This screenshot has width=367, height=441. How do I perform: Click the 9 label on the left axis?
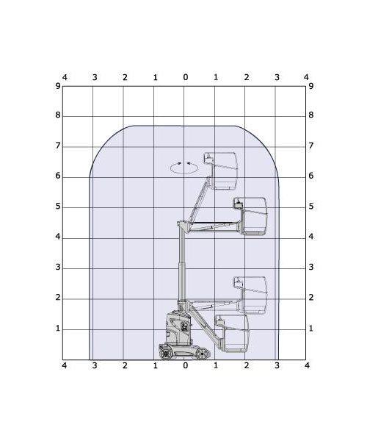click(x=58, y=86)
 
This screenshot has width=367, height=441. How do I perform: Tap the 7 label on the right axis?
click(x=310, y=146)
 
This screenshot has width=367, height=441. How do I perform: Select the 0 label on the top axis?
click(x=185, y=76)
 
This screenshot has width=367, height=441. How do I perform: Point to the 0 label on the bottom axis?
click(x=185, y=365)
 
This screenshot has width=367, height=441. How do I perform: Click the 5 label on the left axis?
click(x=58, y=206)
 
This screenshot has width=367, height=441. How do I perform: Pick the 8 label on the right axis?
click(x=310, y=115)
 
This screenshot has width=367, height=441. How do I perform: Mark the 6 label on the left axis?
click(x=58, y=176)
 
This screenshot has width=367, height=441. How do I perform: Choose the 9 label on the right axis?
click(x=310, y=86)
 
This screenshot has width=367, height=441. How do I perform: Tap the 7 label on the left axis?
click(x=58, y=146)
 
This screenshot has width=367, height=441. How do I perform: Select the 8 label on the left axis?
click(x=58, y=115)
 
